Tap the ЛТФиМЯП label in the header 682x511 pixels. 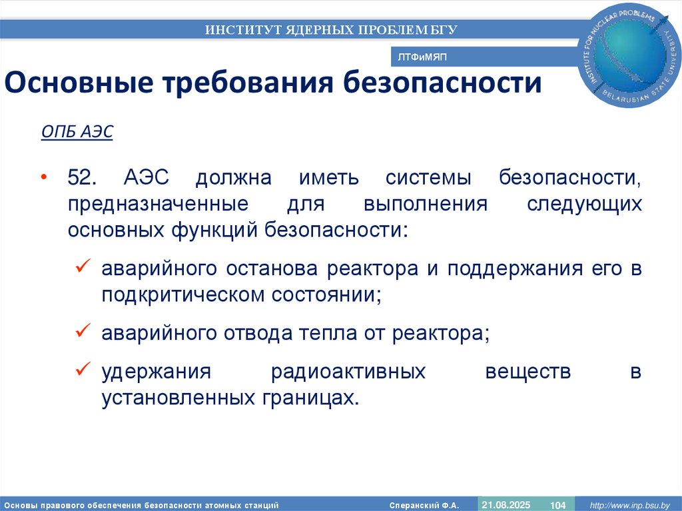point(422,57)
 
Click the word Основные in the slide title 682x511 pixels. point(77,84)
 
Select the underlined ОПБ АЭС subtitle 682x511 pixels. point(77,132)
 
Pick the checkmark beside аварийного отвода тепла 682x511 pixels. point(84,330)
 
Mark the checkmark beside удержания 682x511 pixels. point(84,368)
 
